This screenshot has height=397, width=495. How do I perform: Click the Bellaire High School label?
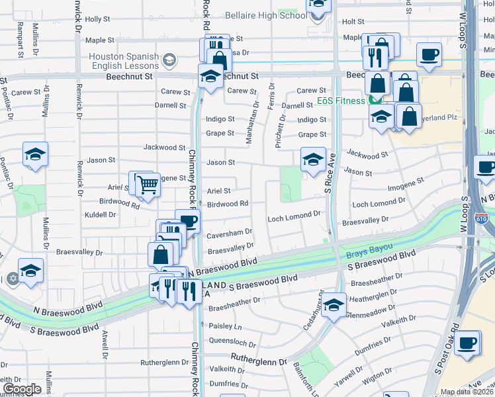coord(265,15)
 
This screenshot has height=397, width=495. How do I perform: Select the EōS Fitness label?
coord(340,101)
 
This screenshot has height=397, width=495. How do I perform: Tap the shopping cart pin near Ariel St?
coord(147,185)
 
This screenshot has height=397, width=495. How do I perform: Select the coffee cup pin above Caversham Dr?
coord(187,220)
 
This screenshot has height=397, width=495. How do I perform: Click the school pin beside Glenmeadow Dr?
coord(334,304)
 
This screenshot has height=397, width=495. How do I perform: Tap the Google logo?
coord(22,388)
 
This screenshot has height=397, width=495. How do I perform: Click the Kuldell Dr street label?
coord(100,214)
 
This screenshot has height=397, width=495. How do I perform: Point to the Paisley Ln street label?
coord(225,327)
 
